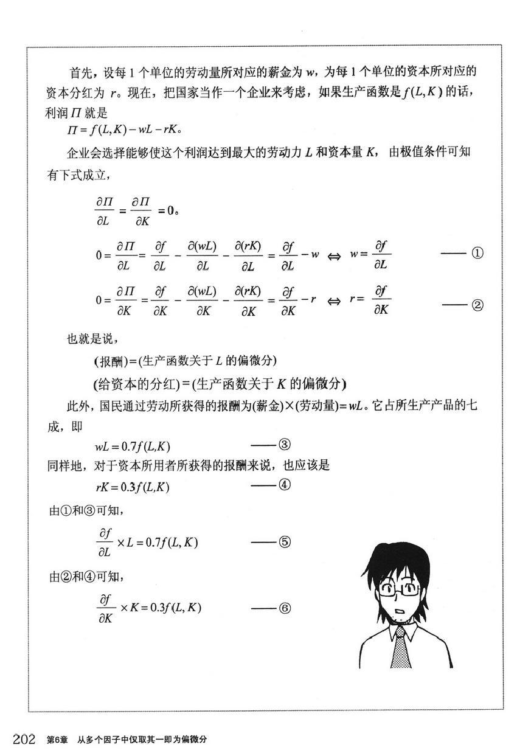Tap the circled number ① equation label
point(477,254)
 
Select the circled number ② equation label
point(477,306)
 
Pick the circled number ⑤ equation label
point(284,542)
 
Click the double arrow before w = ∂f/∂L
point(334,255)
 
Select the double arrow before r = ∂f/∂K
point(334,301)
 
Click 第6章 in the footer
point(58,740)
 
